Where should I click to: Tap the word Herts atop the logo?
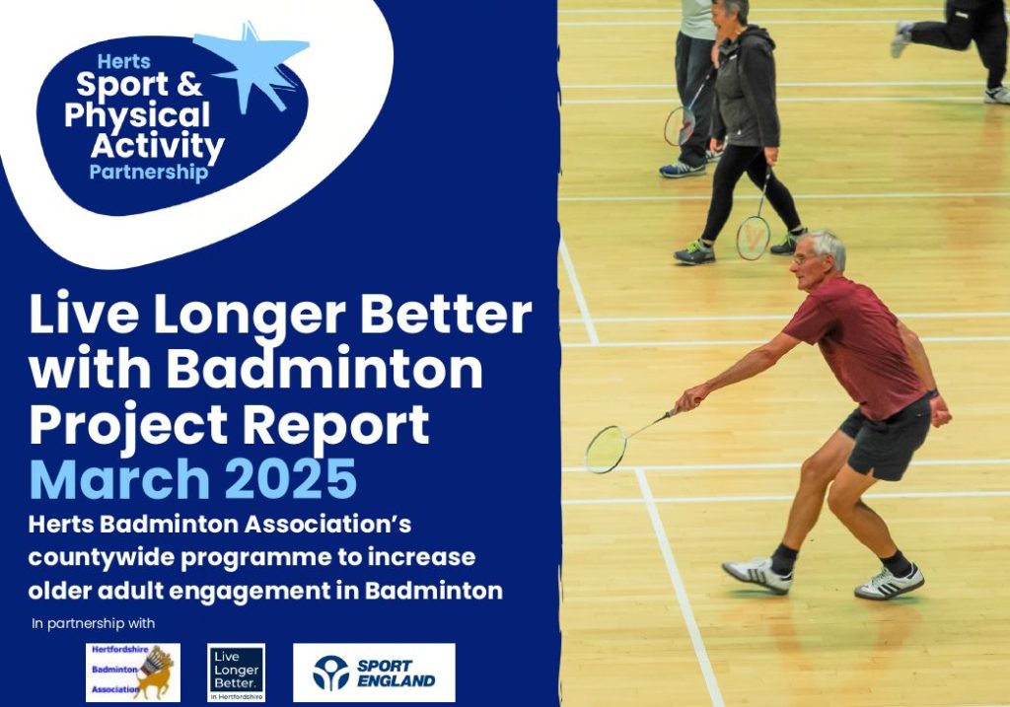[x=124, y=61]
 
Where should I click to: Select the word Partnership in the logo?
[x=149, y=174]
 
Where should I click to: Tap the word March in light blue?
[x=118, y=480]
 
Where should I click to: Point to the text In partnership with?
[x=94, y=623]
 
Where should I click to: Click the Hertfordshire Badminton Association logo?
[x=132, y=672]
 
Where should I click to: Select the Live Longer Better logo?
[x=237, y=672]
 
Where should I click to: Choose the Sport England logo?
[x=374, y=672]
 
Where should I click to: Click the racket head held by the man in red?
[x=606, y=450]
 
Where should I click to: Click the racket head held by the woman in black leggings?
[x=753, y=238]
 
